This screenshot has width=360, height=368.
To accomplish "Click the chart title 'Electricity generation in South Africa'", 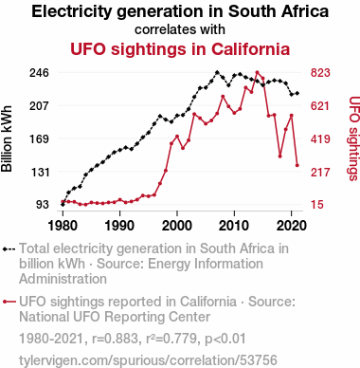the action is pos(180,11).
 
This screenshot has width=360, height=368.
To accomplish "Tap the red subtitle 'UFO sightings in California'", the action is pos(180,49).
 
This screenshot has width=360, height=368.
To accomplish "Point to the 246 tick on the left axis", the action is pos(40,73).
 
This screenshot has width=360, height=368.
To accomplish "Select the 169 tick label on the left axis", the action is pos(40,138).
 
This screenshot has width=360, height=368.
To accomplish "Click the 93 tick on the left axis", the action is pos(43,205).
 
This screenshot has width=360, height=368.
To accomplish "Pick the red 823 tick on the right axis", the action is pos(320,73).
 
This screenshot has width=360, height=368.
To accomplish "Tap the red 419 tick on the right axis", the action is pos(320,138).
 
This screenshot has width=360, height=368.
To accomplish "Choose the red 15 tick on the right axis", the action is pos(317,205).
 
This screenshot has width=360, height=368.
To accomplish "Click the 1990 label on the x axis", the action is pos(120,226).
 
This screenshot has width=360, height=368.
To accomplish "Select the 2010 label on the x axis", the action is pos(234,226).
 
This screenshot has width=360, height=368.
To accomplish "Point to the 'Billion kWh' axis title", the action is pos(7,138).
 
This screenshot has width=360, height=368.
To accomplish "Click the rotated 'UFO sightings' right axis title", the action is pos(353,138).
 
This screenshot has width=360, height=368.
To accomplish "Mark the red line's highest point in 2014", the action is pos(257,72).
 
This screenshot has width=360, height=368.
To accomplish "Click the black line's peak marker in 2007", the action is pos(217,72).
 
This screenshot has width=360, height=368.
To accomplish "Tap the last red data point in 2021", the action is pos(297,165).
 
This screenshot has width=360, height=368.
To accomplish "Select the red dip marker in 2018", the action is pos(280,156).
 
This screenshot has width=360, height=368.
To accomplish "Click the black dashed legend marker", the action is pos(9,249).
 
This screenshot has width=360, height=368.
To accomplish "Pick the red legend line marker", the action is pos(9,302).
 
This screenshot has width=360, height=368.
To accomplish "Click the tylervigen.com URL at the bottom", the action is pos(148,360).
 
